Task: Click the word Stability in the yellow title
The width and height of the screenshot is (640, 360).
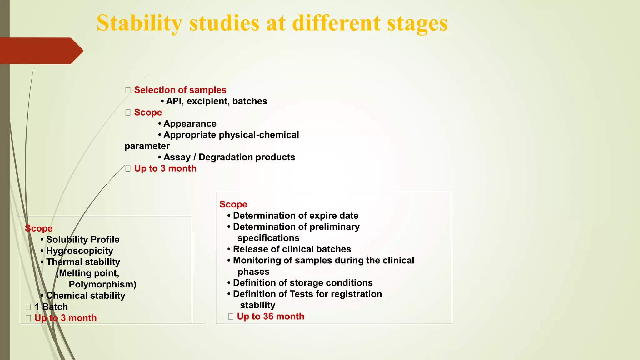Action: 139,23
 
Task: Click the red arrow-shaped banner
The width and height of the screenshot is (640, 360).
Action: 41,51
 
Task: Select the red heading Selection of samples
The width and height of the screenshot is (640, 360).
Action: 180,90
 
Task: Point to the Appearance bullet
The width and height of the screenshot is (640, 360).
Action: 190,124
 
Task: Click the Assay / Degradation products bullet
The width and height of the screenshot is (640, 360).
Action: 229,157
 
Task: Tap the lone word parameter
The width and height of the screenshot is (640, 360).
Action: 147,146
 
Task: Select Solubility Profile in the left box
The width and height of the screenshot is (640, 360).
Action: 82,240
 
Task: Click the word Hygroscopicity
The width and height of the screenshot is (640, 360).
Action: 79,251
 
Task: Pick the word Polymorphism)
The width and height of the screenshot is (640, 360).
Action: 102,284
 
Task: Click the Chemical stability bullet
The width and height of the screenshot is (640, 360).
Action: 85,296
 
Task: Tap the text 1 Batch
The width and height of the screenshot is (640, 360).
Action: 51,307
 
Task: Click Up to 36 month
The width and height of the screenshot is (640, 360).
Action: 270,317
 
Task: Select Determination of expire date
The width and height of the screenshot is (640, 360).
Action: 295,216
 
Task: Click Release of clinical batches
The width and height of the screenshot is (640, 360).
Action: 292,249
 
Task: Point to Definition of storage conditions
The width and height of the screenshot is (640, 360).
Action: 302,283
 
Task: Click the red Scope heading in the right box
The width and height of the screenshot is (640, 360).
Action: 233,204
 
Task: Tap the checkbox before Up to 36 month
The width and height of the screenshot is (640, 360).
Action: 231,317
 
